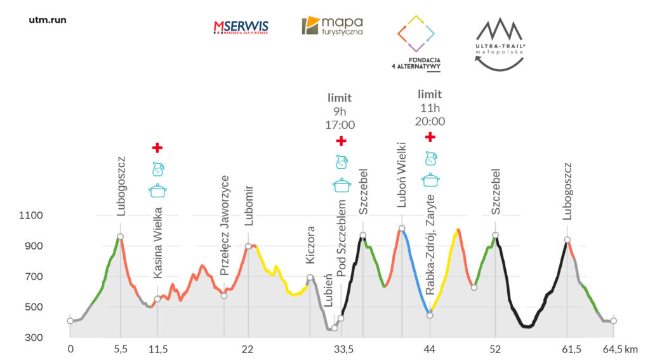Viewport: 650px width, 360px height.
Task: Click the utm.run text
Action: [48, 20]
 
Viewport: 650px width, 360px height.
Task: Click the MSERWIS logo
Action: [241, 27]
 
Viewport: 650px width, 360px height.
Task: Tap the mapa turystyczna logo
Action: [332, 26]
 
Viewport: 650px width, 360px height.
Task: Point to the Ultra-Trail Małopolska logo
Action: [499, 43]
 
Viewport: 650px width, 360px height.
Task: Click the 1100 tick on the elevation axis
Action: [31, 216]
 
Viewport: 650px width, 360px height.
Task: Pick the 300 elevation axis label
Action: [34, 338]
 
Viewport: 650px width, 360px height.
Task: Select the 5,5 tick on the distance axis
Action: [120, 349]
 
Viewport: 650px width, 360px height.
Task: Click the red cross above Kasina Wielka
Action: [157, 148]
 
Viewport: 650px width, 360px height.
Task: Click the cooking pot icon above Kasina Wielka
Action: [157, 190]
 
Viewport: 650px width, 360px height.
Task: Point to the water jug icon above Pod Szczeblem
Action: [342, 162]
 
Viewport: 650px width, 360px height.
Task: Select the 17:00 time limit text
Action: [340, 125]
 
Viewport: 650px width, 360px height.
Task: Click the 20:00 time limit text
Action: [430, 121]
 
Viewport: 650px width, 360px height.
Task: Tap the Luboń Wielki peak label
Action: [402, 184]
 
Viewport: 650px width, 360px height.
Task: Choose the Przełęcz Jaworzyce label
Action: [224, 226]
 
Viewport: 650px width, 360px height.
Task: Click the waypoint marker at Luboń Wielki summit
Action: [402, 228]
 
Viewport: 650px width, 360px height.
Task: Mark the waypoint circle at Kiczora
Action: [310, 277]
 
